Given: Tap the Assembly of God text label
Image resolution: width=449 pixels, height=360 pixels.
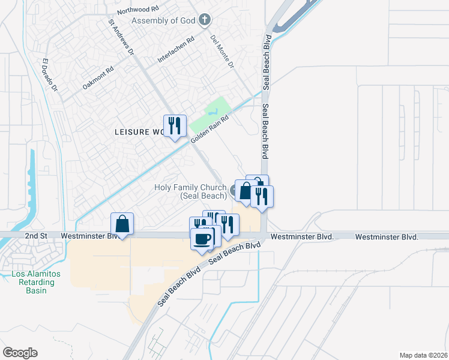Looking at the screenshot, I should (x=164, y=21).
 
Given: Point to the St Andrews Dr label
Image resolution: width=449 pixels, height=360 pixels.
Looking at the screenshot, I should (x=121, y=37).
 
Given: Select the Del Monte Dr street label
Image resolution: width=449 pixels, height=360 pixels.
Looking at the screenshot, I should (x=221, y=50).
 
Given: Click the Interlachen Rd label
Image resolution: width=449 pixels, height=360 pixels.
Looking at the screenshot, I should (x=176, y=50).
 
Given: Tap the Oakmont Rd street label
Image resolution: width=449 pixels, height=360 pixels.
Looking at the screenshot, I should (x=98, y=78).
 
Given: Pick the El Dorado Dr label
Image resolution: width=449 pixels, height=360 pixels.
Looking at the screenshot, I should (x=49, y=75).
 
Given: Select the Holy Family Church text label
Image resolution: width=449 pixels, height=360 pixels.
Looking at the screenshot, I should (x=190, y=191).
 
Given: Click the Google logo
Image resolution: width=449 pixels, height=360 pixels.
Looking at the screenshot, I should (x=20, y=353).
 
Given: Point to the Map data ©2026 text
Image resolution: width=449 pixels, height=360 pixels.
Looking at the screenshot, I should (x=423, y=355).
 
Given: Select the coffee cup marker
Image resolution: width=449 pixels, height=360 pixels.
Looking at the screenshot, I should (x=202, y=239).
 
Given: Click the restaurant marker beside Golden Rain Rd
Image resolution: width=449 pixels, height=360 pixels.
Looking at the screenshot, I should (x=175, y=125).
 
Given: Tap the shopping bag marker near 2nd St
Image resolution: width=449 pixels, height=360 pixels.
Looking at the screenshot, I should (x=122, y=224).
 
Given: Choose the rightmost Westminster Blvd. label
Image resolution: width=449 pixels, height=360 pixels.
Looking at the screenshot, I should (x=387, y=237).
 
